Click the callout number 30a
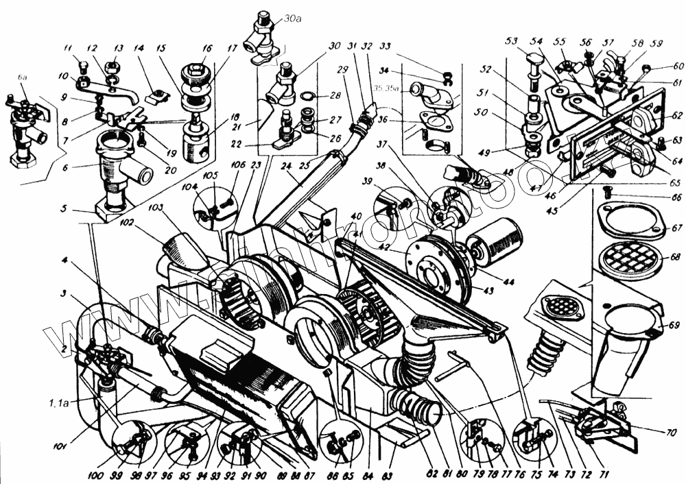coord(292,19)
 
